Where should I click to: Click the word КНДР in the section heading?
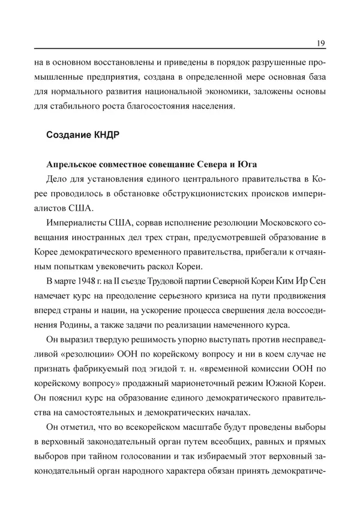(x=103, y=135)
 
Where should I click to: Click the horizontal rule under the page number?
(x=180, y=50)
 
